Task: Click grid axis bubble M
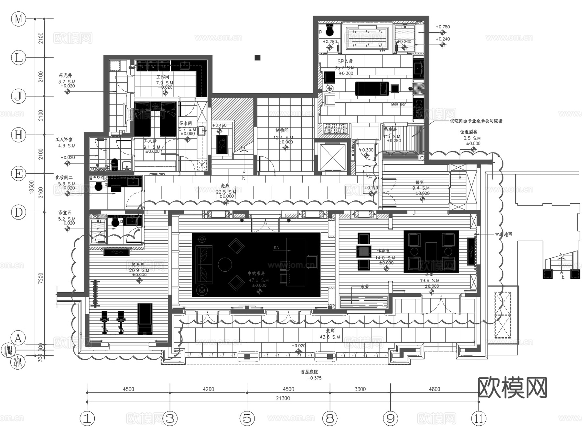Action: point(18,19)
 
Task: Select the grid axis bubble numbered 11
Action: point(479,419)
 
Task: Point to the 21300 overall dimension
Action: point(283,398)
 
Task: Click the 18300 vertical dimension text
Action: point(31,187)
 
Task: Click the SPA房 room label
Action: point(345,61)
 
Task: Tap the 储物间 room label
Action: point(282,130)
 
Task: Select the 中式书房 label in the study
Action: point(256,274)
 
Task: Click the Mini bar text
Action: point(398,104)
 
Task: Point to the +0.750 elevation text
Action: point(443,27)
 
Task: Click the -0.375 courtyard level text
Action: point(314,378)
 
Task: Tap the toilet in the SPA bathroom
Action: point(329,30)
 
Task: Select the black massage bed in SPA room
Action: point(372,88)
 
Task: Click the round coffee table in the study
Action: point(225,264)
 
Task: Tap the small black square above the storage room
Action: point(257,58)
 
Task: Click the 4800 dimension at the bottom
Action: point(434,389)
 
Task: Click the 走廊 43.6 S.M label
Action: point(330,334)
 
